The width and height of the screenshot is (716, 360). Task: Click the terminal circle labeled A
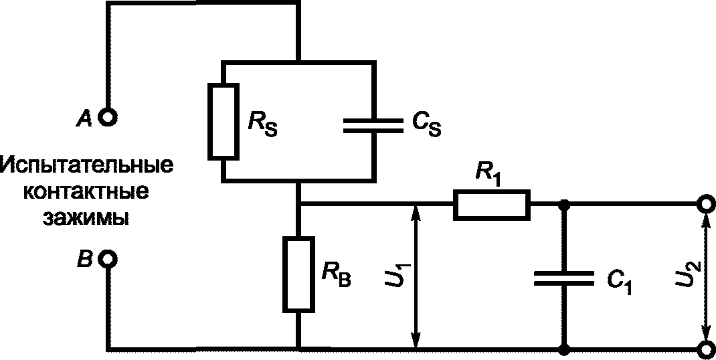coord(108,118)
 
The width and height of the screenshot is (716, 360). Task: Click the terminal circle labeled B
coord(108,260)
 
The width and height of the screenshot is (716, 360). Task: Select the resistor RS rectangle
coord(223,122)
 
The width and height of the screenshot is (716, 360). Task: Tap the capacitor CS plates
coord(373,126)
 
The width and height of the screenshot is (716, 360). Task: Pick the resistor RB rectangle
coord(299,274)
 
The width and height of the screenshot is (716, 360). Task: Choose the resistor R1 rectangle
coord(492,205)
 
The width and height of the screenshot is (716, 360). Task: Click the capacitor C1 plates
coord(564,278)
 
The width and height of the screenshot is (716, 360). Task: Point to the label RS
coord(263,123)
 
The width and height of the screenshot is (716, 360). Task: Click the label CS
coord(426,124)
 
